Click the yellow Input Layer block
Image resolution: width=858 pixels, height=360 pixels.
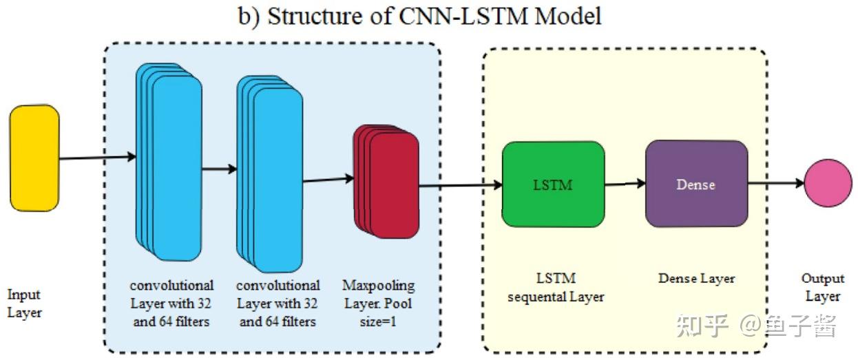[34, 158]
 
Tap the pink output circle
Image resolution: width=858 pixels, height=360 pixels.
[828, 183]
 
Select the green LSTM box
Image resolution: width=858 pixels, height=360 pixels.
[553, 184]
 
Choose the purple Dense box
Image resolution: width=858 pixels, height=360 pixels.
[696, 184]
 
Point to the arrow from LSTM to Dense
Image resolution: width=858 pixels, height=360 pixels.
[625, 184]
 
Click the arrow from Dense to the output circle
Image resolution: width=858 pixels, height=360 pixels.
[775, 183]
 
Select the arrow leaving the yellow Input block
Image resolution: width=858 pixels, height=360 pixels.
[96, 158]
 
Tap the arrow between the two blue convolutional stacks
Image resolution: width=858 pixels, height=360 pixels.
[219, 169]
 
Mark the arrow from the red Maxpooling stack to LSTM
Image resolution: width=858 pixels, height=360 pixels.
[460, 185]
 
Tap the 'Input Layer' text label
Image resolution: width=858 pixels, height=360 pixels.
[25, 304]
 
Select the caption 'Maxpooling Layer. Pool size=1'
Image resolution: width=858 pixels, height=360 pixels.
[378, 303]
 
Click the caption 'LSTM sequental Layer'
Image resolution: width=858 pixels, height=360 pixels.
[556, 288]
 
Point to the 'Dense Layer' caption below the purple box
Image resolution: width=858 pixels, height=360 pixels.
[696, 279]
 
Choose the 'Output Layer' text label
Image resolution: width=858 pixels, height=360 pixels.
[823, 288]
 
